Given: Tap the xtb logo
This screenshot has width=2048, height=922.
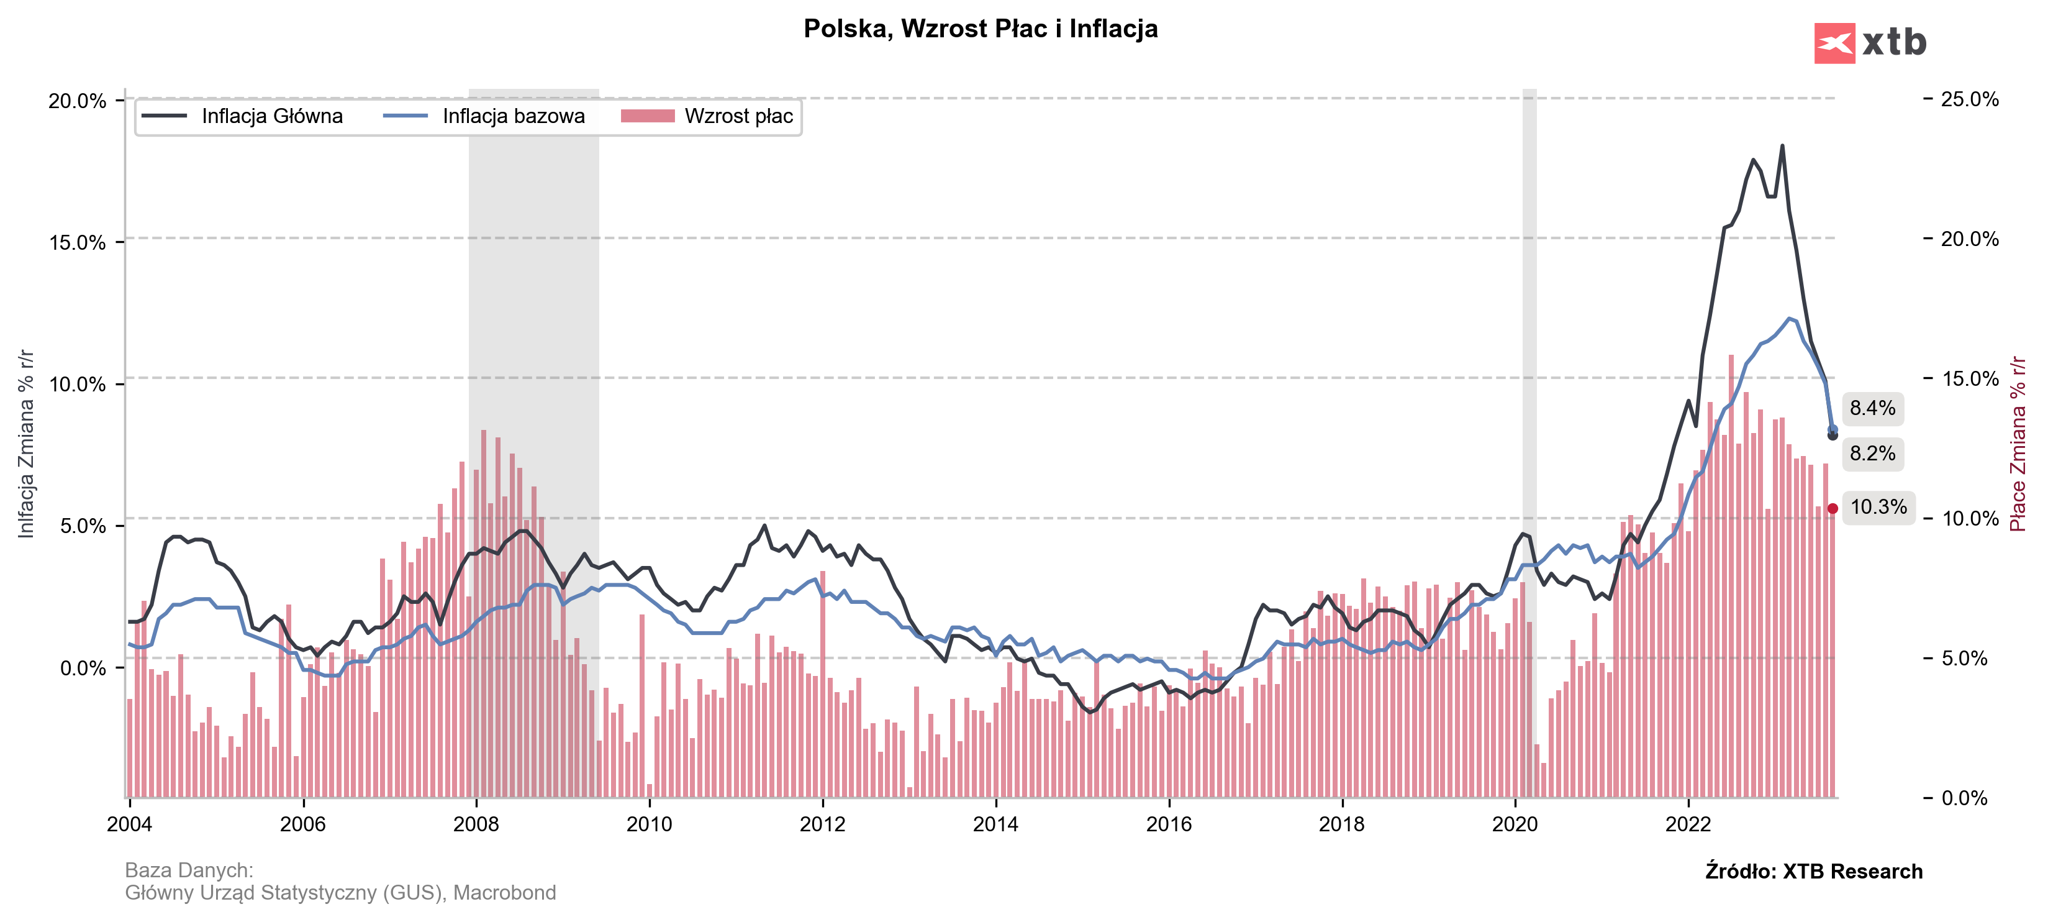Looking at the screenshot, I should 1870,42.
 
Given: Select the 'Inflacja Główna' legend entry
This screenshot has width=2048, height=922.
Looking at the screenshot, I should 242,116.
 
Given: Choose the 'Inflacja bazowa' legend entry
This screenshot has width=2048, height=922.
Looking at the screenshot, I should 484,116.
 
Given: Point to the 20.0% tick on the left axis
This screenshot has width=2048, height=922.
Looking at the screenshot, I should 77,101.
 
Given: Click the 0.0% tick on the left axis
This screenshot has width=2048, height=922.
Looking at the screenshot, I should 83,667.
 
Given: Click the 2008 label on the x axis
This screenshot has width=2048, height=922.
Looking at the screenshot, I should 476,824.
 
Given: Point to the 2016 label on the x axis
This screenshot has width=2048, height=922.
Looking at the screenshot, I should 1169,824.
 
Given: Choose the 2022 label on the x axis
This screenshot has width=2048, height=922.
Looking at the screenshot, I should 1688,824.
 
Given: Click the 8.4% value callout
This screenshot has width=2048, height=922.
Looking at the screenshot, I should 1872,408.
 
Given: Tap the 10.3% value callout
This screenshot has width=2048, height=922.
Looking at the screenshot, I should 1878,507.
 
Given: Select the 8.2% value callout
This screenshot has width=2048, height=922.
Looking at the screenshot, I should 1872,454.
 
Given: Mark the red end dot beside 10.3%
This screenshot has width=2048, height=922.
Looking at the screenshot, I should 1833,508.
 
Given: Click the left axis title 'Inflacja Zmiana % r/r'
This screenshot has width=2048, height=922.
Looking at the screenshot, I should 26,443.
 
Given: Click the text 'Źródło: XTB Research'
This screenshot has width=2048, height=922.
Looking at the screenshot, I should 1813,871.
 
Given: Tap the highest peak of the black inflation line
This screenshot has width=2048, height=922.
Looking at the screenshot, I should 1782,145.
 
